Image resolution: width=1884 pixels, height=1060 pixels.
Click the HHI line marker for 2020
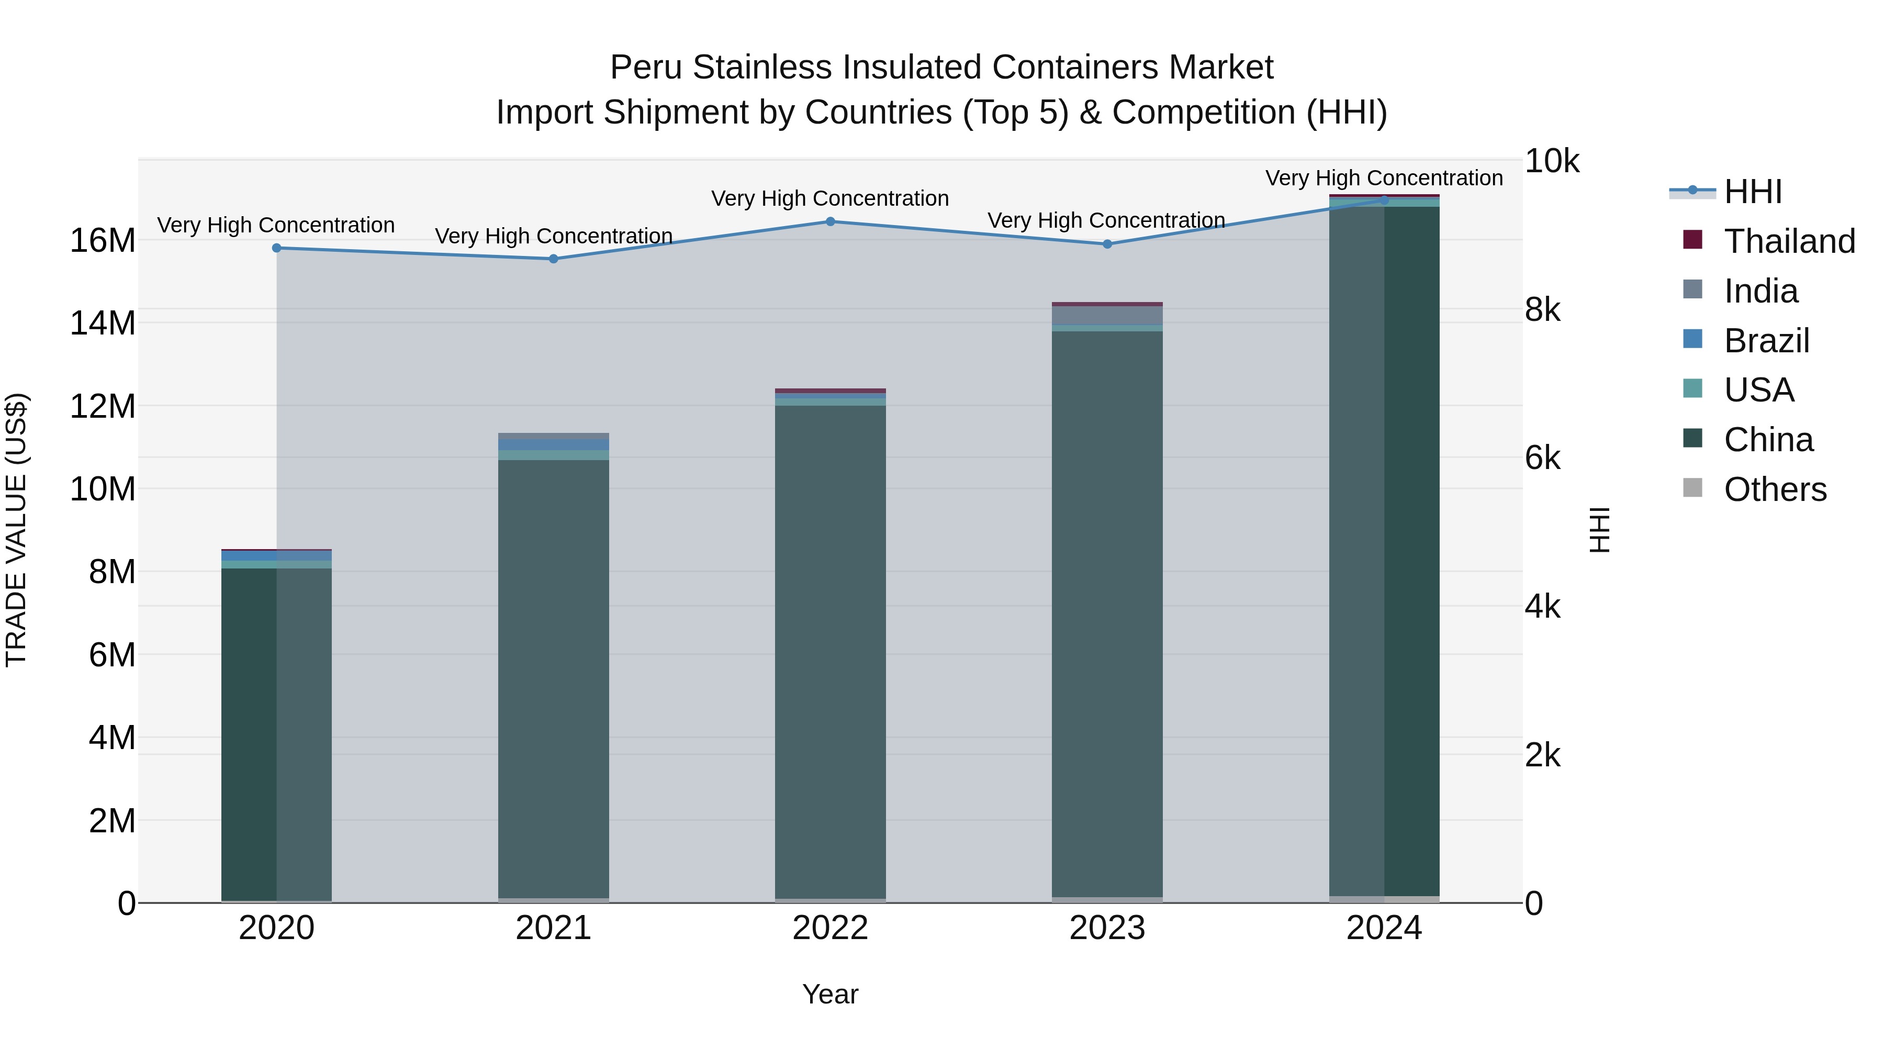click(x=276, y=248)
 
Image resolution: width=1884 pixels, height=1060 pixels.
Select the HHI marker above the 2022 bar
click(x=830, y=221)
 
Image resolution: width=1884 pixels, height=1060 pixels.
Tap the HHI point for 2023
click(x=1107, y=244)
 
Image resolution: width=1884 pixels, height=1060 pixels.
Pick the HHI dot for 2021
click(x=554, y=259)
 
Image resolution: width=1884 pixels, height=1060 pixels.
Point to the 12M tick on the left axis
click(x=103, y=406)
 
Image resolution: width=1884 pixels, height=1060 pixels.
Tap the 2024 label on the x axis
click(x=1384, y=928)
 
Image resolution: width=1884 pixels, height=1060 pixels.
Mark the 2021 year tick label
click(x=554, y=928)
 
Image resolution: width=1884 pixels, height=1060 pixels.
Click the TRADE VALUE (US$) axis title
click(x=16, y=530)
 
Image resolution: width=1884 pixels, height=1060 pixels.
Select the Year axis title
click(x=830, y=994)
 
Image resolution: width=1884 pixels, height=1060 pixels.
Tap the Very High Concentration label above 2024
click(x=1384, y=178)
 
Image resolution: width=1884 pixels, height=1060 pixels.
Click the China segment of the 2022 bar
click(x=830, y=651)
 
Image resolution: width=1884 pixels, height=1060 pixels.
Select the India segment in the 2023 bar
click(x=1107, y=315)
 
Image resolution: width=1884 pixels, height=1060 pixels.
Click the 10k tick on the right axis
click(x=1551, y=162)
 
